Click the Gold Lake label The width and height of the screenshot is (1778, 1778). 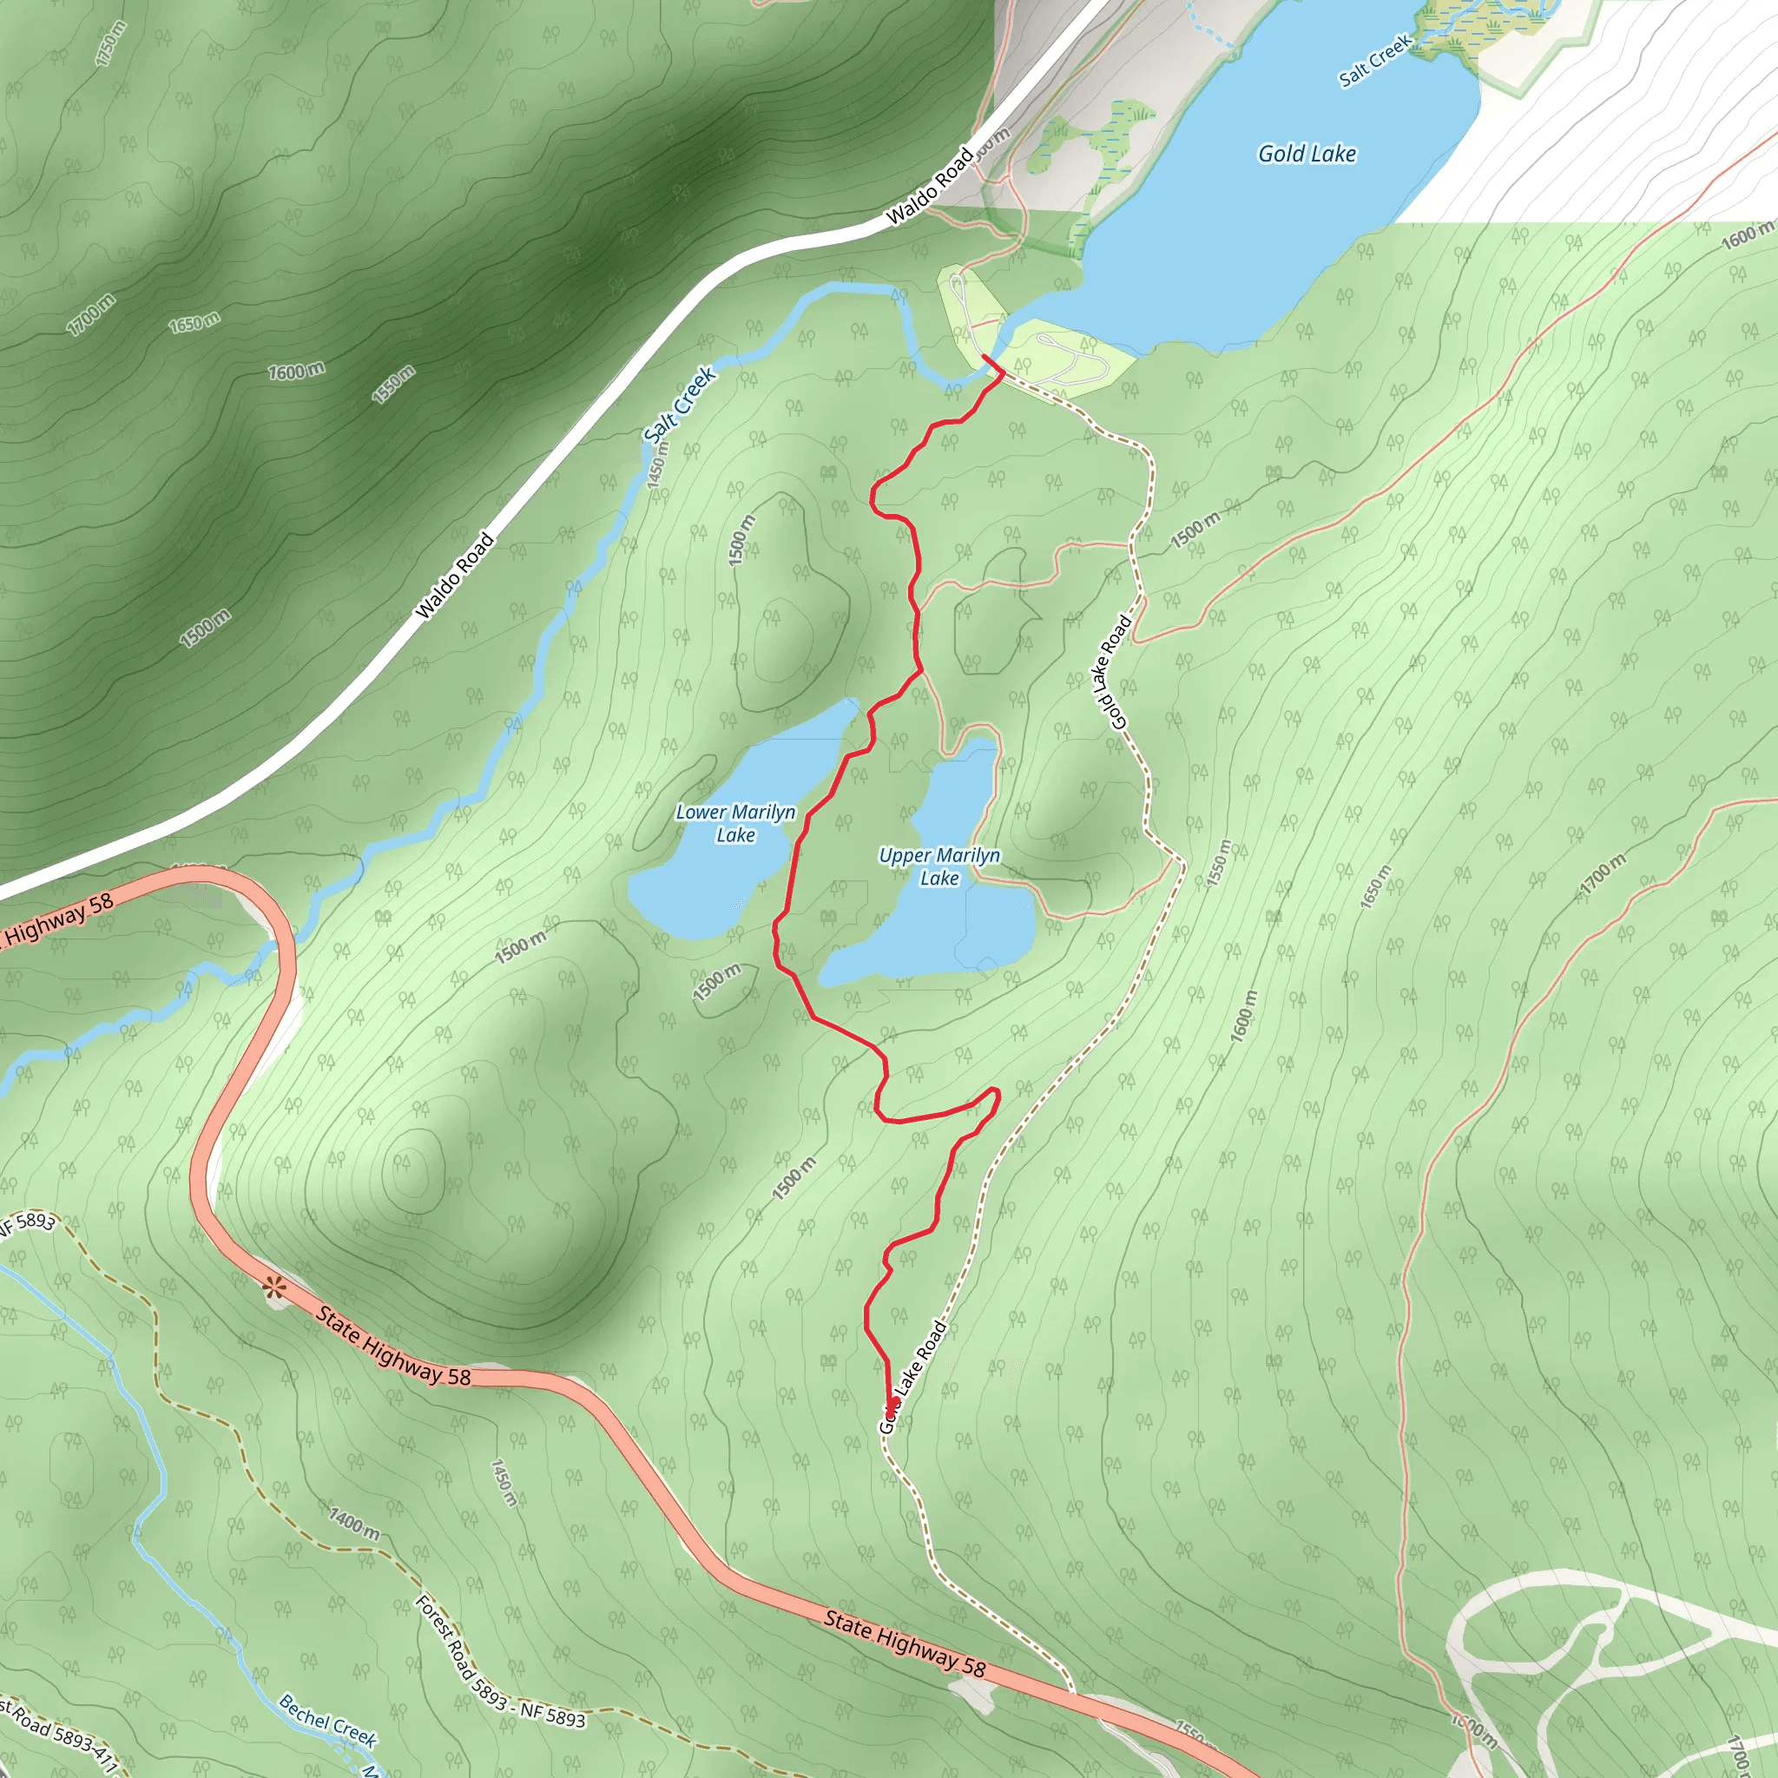(1307, 154)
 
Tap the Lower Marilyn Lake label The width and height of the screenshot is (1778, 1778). (735, 824)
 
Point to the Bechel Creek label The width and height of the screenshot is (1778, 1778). (327, 1720)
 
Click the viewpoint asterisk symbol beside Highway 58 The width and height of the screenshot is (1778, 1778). (273, 1287)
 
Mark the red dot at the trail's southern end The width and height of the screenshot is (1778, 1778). (892, 1405)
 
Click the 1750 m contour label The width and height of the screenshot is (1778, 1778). (109, 43)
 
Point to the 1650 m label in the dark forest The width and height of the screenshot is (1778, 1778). (194, 323)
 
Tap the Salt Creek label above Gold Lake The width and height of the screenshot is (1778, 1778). (1375, 61)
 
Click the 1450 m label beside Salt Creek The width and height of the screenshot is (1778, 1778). (657, 472)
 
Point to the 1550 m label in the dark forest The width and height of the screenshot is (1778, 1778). (394, 384)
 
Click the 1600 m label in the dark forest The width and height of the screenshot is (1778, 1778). (296, 372)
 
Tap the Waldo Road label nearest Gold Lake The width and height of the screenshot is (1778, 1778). (929, 186)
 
